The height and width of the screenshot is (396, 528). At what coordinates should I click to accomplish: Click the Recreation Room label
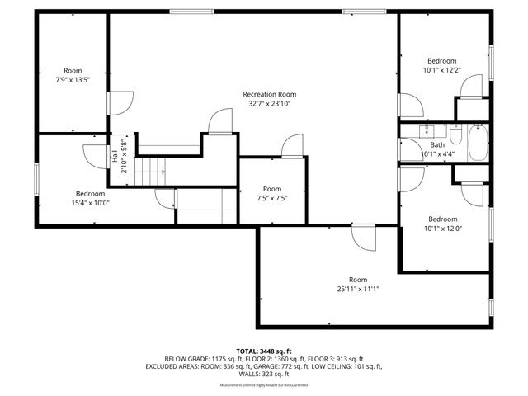coord(269,94)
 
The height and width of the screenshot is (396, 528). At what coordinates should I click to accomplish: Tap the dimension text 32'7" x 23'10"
coord(269,104)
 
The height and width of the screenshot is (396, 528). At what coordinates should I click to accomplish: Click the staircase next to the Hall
coord(150,172)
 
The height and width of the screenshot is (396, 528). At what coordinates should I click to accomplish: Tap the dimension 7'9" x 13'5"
coord(73,80)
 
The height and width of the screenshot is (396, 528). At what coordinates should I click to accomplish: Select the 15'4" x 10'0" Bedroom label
coord(91,193)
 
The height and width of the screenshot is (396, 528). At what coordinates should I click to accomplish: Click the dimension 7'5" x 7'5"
coord(271,198)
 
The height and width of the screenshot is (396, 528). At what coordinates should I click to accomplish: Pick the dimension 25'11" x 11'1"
coord(357,289)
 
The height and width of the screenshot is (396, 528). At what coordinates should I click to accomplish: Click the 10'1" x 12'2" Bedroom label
coord(441,61)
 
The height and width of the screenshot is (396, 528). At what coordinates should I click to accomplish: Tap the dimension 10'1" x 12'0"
coord(441,229)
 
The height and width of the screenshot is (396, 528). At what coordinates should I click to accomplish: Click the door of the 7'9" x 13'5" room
coord(120,102)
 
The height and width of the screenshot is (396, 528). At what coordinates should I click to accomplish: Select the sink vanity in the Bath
coord(427,130)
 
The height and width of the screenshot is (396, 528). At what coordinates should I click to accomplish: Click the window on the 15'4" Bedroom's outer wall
coord(35,179)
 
